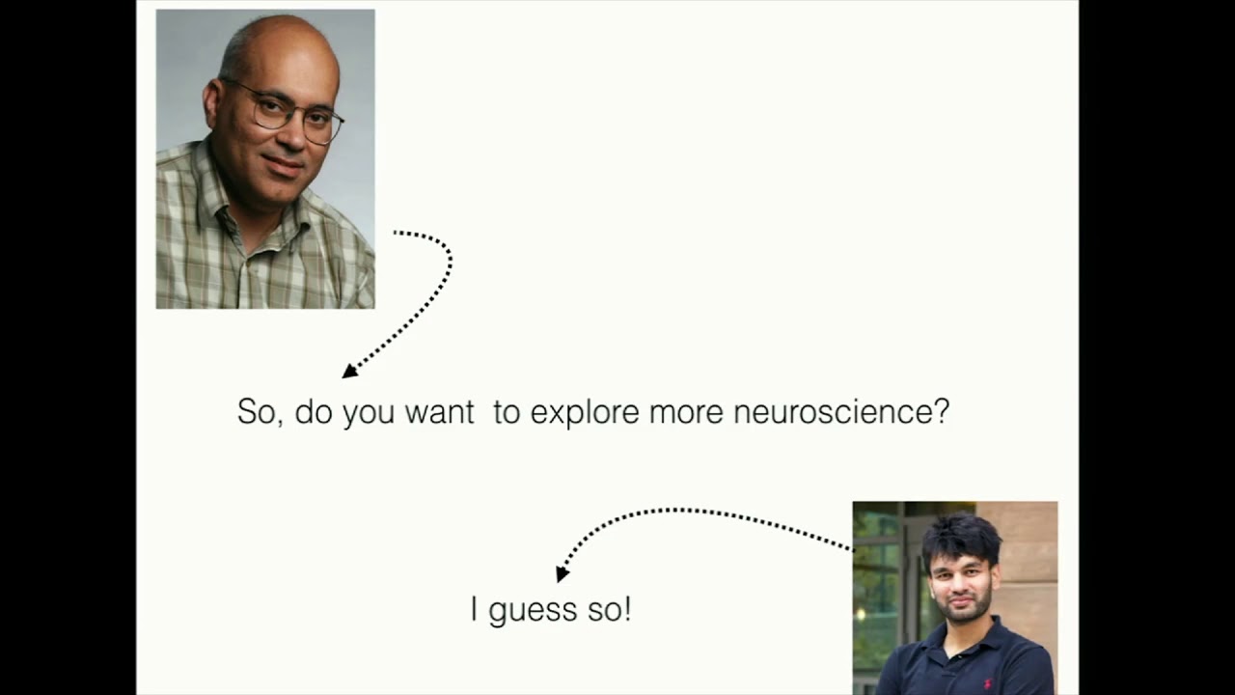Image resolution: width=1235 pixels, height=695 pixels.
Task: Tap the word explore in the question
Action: [x=585, y=413]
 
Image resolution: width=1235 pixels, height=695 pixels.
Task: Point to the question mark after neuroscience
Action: [x=942, y=412]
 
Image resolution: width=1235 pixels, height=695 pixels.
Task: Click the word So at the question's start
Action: [x=259, y=412]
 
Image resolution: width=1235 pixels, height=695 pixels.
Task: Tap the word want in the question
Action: [x=439, y=413]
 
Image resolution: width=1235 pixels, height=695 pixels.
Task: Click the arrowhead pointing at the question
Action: [x=349, y=371]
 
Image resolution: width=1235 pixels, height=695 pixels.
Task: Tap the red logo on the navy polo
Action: [x=987, y=657]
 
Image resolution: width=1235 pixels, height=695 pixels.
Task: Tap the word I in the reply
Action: [x=475, y=609]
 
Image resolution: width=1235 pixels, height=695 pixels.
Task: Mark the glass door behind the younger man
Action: [x=878, y=579]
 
